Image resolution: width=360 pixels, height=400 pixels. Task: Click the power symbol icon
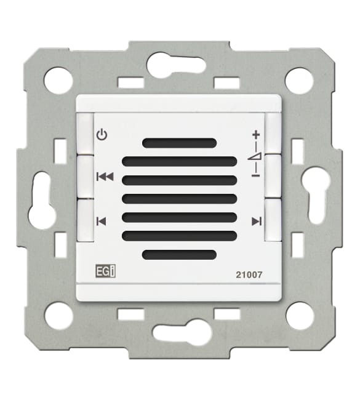pos(102,134)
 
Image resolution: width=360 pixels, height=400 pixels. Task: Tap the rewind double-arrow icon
pos(105,177)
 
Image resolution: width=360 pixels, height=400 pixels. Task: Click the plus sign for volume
pos(256,135)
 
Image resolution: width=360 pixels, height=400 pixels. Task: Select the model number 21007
pos(249,275)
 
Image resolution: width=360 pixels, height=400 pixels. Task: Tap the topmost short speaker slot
pos(179,143)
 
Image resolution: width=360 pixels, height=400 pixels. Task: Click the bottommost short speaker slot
pos(179,254)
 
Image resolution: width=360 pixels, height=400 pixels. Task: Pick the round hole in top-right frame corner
pos(300,80)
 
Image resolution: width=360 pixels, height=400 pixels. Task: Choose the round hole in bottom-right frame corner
pos(300,316)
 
